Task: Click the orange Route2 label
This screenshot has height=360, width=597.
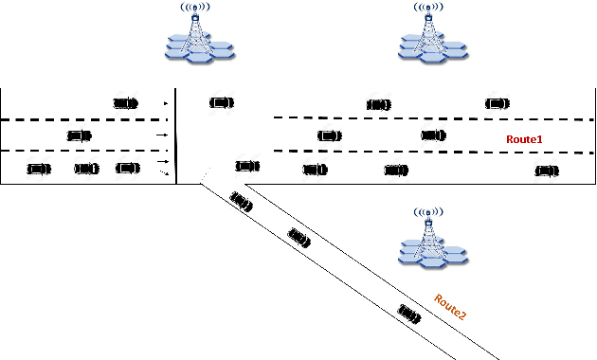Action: [450, 307]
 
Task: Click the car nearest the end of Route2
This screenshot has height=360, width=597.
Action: [409, 312]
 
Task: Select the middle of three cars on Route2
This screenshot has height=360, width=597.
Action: [301, 239]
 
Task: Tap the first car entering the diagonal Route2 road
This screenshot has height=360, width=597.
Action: [241, 201]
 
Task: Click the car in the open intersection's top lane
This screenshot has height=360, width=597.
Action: [221, 102]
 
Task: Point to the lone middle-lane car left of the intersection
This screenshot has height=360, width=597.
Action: [80, 135]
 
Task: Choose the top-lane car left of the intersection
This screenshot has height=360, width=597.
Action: [125, 101]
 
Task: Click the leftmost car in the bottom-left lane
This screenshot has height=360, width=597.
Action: [39, 169]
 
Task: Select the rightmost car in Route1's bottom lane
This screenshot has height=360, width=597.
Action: [545, 171]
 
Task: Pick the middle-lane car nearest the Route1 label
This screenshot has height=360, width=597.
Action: [433, 135]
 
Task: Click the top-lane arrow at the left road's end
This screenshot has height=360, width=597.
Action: [167, 102]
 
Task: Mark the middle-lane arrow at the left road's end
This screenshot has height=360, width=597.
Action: [167, 135]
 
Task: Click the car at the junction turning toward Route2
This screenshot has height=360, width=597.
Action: [247, 166]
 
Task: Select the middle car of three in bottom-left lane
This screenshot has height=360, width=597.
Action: [87, 169]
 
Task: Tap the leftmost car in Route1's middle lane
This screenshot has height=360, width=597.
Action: [329, 135]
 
